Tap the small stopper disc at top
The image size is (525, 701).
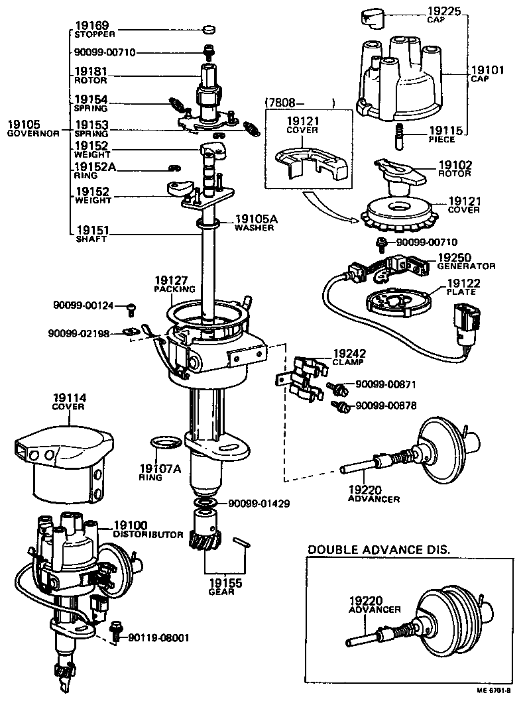(209, 30)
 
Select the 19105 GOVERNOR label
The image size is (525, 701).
(33, 128)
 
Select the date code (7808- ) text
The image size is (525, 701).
(299, 102)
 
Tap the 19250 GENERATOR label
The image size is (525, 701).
(465, 261)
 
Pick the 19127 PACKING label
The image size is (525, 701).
(174, 284)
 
